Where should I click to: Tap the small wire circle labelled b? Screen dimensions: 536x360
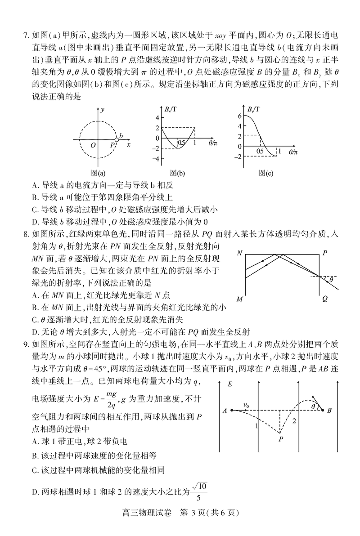tap(117, 140)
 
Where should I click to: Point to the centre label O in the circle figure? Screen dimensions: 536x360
tap(93, 145)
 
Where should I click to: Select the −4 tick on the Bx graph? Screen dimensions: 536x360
tap(157, 159)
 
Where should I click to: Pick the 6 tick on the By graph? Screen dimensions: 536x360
tap(240, 116)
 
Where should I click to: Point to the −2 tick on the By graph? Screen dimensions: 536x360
tap(238, 156)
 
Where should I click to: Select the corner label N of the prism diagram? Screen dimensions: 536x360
tap(240, 253)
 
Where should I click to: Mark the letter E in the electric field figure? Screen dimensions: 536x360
tap(230, 384)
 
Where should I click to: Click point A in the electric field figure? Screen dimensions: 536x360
tap(225, 410)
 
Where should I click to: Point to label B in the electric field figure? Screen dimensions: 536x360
tap(330, 410)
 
